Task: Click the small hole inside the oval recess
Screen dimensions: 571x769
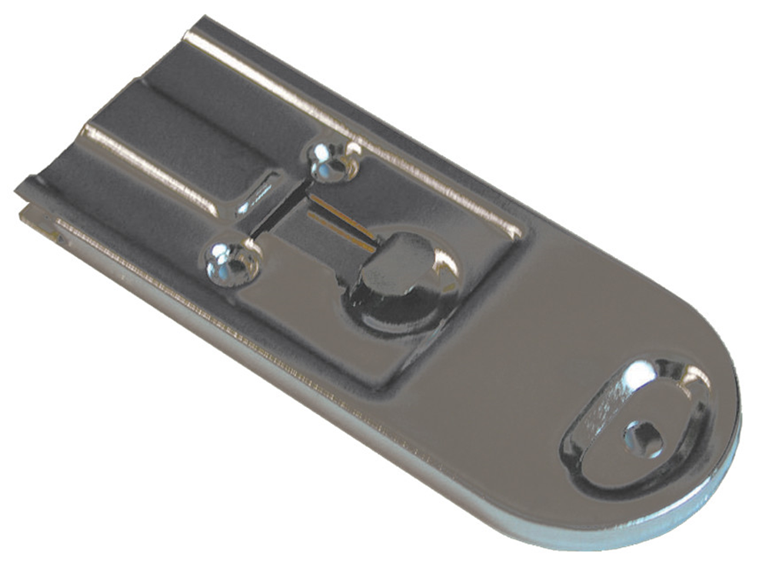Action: pos(642,439)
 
